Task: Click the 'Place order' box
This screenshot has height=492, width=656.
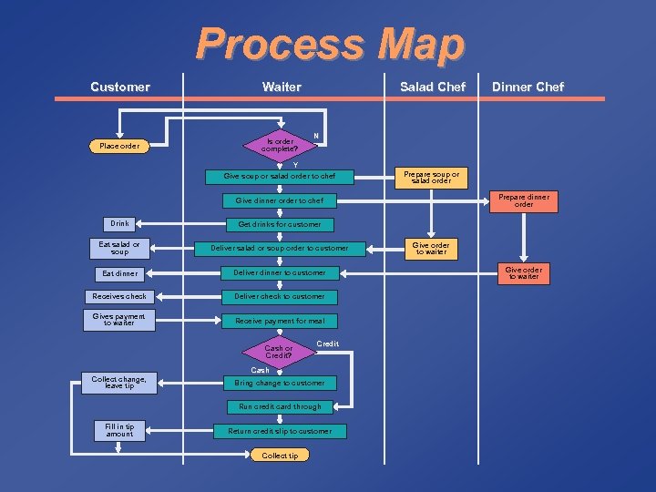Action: [119, 146]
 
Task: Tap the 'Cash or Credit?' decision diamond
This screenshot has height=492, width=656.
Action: [279, 351]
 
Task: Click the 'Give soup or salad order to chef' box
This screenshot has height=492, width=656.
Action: [280, 176]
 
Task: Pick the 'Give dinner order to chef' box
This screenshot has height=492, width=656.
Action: [280, 200]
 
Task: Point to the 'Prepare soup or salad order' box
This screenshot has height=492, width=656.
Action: [431, 177]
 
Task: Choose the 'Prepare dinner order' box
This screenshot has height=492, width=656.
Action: [524, 200]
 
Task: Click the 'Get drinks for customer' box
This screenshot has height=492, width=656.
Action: [280, 224]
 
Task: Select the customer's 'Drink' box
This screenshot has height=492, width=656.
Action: [119, 223]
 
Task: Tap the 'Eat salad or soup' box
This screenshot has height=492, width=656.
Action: [119, 248]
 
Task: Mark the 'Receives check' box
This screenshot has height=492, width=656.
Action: [119, 296]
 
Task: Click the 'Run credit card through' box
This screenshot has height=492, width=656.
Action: [280, 406]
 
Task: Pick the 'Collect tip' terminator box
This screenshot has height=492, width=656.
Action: [280, 455]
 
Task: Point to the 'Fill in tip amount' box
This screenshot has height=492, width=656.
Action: [119, 430]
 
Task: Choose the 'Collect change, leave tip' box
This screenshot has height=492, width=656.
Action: [119, 383]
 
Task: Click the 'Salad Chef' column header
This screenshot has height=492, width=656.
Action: [432, 87]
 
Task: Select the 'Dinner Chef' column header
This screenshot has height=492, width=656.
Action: [528, 87]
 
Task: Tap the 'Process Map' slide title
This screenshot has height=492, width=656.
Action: [329, 44]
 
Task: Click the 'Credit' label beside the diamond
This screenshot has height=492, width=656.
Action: [327, 343]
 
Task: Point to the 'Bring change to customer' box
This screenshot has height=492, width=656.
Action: [280, 383]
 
